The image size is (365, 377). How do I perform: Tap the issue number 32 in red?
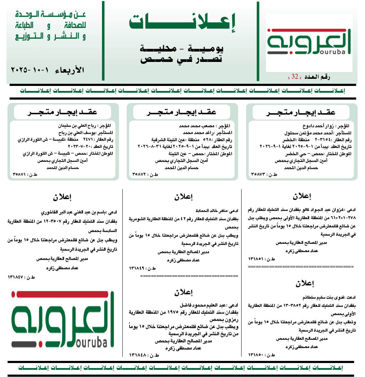(295, 77)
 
